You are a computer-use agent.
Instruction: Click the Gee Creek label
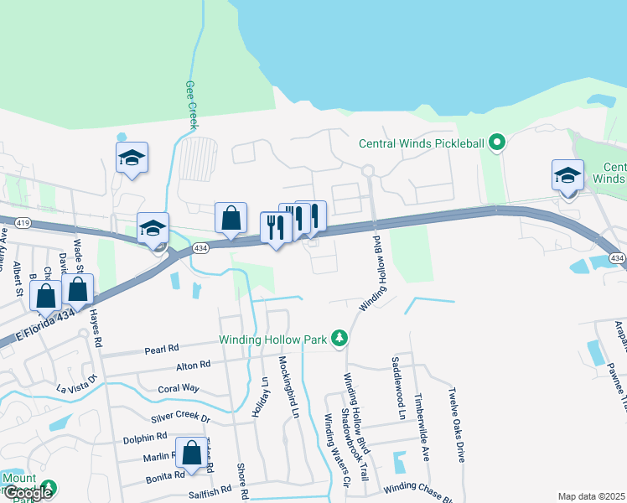click(x=191, y=105)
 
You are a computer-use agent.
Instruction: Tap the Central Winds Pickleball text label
click(x=422, y=143)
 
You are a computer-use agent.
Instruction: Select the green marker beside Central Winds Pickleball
click(x=497, y=143)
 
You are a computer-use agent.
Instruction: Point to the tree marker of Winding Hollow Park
click(x=339, y=339)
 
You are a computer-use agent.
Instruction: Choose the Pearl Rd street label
click(x=162, y=348)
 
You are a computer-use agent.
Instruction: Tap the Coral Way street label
click(x=179, y=388)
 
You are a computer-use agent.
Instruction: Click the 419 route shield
click(x=23, y=223)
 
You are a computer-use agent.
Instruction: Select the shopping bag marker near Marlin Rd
click(x=191, y=453)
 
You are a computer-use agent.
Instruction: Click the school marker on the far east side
click(x=567, y=175)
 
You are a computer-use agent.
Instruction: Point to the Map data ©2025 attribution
click(x=591, y=496)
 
